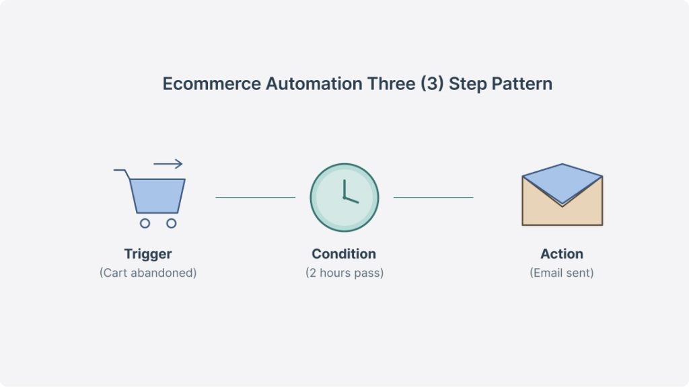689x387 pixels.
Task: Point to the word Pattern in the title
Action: pos(521,85)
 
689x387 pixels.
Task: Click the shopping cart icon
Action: pos(156,195)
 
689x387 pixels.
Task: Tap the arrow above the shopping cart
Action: pos(168,163)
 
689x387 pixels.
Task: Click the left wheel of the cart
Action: pos(145,223)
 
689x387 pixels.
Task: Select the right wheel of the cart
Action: pos(171,223)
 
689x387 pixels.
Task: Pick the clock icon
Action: pos(344,198)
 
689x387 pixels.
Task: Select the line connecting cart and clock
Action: pos(255,198)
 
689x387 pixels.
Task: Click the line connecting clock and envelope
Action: pos(433,198)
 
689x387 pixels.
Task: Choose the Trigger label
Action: pos(148,254)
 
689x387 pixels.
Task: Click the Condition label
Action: pos(344,254)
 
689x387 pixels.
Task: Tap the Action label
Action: pos(562,254)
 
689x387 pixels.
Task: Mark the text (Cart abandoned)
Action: pos(148,273)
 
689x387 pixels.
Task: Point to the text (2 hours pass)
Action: pos(344,273)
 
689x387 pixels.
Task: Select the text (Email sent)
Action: pos(562,273)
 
